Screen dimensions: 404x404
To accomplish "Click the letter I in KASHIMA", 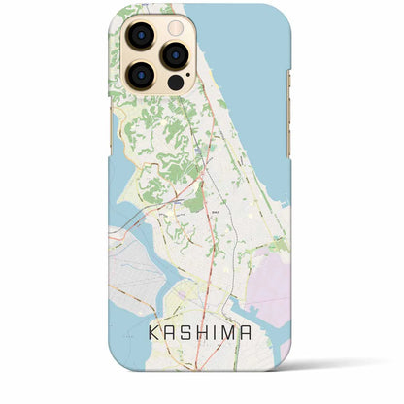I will coord(221,333).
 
